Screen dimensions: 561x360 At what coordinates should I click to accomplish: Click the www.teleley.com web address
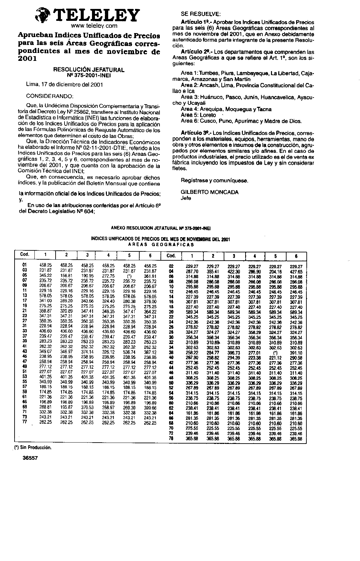click(x=94, y=25)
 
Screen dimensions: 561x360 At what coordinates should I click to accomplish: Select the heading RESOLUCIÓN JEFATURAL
click(x=89, y=70)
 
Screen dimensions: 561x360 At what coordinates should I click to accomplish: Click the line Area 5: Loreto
click(x=198, y=115)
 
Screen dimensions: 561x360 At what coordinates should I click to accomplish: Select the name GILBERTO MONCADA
click(x=209, y=192)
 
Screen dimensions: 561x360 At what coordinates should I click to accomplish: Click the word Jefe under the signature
click(x=186, y=198)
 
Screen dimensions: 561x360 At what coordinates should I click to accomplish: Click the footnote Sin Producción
click(x=33, y=447)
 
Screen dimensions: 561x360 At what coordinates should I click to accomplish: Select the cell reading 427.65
click(x=296, y=272)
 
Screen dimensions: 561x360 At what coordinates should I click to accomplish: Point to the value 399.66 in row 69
click(x=150, y=408)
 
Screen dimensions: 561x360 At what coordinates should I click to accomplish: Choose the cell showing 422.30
click(x=234, y=272)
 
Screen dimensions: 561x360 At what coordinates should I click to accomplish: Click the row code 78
click(x=171, y=439)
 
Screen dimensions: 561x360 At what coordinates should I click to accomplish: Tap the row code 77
click(x=24, y=422)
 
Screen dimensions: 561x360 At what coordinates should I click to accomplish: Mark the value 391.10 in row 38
click(x=296, y=353)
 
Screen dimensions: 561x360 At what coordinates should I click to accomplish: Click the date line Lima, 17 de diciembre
click(x=65, y=84)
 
